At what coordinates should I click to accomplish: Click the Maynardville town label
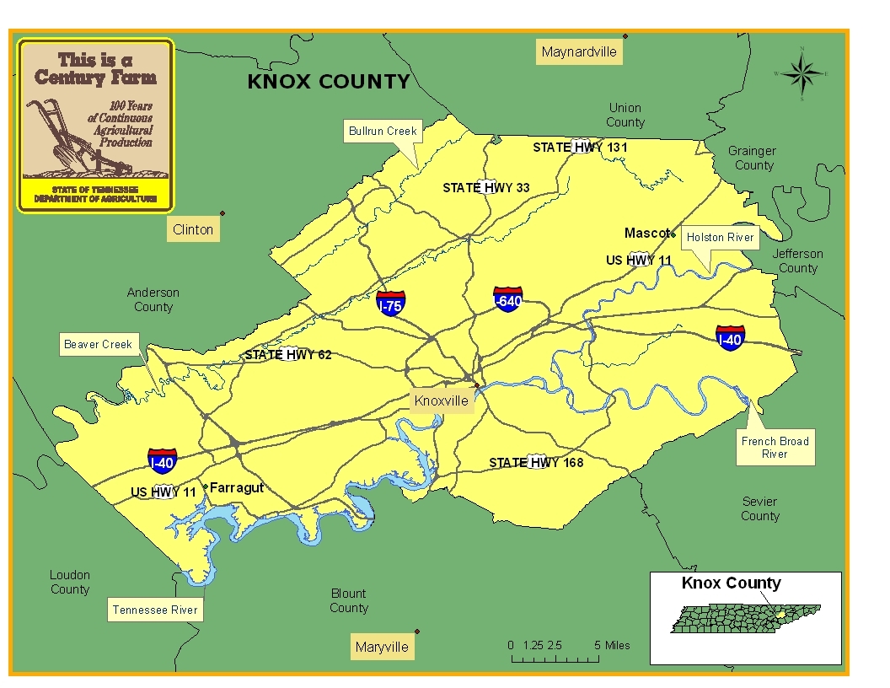[579, 52]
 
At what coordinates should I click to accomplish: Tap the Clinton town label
[193, 229]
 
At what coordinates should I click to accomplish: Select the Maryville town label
[382, 647]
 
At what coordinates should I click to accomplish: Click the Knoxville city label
[441, 400]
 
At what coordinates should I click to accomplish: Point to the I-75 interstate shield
[390, 304]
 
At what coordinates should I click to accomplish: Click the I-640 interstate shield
[507, 298]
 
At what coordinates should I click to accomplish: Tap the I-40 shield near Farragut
[162, 460]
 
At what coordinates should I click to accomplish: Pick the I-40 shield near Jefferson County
[729, 337]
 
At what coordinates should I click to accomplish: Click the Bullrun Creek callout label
[383, 131]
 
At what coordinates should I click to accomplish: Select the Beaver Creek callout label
[99, 344]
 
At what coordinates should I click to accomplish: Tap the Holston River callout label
[720, 237]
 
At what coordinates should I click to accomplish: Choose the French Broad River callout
[775, 447]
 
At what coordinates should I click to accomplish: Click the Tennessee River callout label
[155, 610]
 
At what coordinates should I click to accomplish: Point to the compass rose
[802, 73]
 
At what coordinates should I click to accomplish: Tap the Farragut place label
[236, 487]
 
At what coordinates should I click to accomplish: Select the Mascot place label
[646, 233]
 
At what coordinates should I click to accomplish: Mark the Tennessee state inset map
[747, 620]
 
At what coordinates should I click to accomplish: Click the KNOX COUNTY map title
[328, 82]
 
